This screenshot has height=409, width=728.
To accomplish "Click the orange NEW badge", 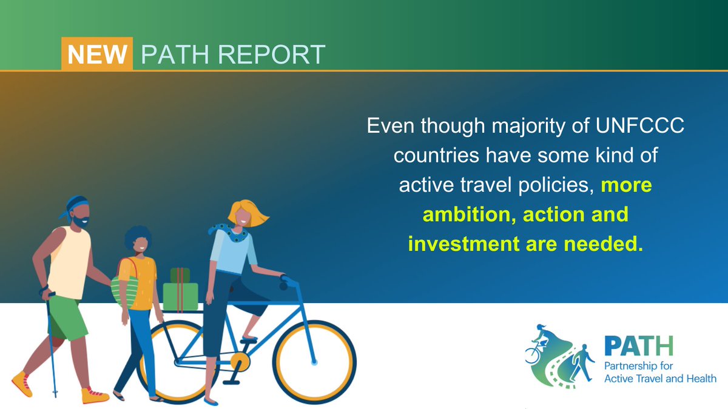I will click(x=97, y=55).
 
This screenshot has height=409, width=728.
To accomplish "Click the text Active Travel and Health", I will click(x=660, y=379).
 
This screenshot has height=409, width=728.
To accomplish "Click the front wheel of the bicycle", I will click(x=312, y=362).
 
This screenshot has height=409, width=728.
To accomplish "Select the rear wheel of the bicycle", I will click(x=177, y=362).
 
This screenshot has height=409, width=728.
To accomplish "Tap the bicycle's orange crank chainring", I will click(x=240, y=362).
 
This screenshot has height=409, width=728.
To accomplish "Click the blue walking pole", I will click(x=52, y=345).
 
